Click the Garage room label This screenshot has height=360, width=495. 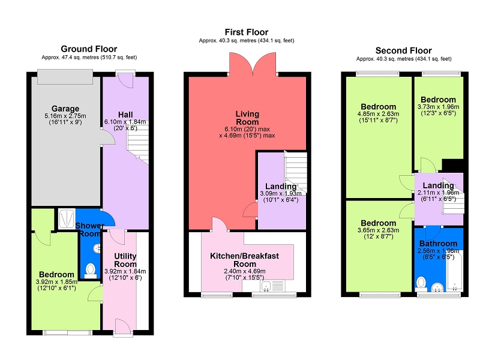click(x=65, y=109)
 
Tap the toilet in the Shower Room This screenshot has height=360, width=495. click(x=91, y=271)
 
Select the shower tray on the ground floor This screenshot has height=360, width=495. click(x=67, y=218)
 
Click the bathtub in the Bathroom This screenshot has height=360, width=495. click(x=455, y=271)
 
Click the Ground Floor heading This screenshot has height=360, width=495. click(x=89, y=49)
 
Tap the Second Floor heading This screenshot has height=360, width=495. click(x=403, y=50)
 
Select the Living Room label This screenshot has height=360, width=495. click(x=247, y=118)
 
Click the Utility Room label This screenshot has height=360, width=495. click(x=125, y=260)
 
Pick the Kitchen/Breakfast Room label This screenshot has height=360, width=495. click(x=245, y=260)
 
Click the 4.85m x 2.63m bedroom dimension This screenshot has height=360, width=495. click(x=378, y=113)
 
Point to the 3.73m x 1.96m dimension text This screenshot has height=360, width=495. click(x=438, y=107)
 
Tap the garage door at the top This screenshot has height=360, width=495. click(x=65, y=77)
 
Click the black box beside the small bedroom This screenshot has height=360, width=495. click(x=452, y=166)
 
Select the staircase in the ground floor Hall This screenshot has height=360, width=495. click(x=138, y=143)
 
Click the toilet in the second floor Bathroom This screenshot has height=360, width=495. click(x=421, y=284)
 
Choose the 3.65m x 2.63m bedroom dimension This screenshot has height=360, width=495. click(x=378, y=230)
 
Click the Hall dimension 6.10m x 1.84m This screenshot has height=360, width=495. click(x=125, y=122)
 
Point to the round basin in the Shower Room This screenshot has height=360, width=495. click(x=97, y=248)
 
